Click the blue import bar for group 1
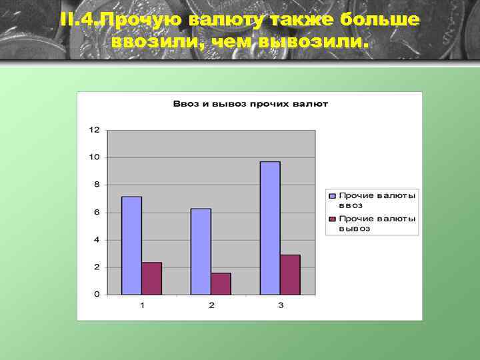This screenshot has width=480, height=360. [x=131, y=245]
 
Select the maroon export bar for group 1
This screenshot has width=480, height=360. [x=151, y=278]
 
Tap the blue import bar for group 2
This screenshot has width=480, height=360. [x=201, y=251]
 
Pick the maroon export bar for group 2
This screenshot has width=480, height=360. [x=221, y=283]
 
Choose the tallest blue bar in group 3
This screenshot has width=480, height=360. [x=270, y=227]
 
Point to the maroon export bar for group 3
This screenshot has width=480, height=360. [x=290, y=274]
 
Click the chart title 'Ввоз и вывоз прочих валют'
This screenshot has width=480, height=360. [x=250, y=104]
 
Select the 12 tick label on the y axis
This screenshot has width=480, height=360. [x=95, y=129]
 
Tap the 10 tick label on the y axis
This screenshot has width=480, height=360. [x=95, y=157]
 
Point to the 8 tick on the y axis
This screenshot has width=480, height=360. [x=97, y=185]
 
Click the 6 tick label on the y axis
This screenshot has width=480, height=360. [x=97, y=212]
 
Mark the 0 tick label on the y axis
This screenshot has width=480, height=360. [x=97, y=294]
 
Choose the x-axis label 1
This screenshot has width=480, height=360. [x=141, y=305]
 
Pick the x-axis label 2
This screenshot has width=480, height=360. [x=211, y=305]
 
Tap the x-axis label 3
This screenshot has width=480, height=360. [x=280, y=305]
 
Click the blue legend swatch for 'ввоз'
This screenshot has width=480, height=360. [x=332, y=196]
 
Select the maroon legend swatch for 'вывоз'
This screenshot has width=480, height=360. [x=332, y=219]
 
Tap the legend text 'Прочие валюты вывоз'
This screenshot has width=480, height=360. [x=377, y=223]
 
